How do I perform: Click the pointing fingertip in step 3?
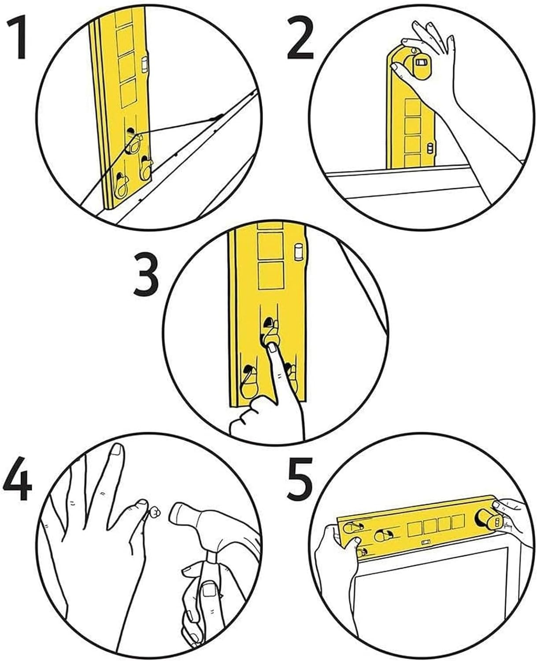272,348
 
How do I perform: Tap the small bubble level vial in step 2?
431,149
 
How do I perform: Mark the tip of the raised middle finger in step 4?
117,450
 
